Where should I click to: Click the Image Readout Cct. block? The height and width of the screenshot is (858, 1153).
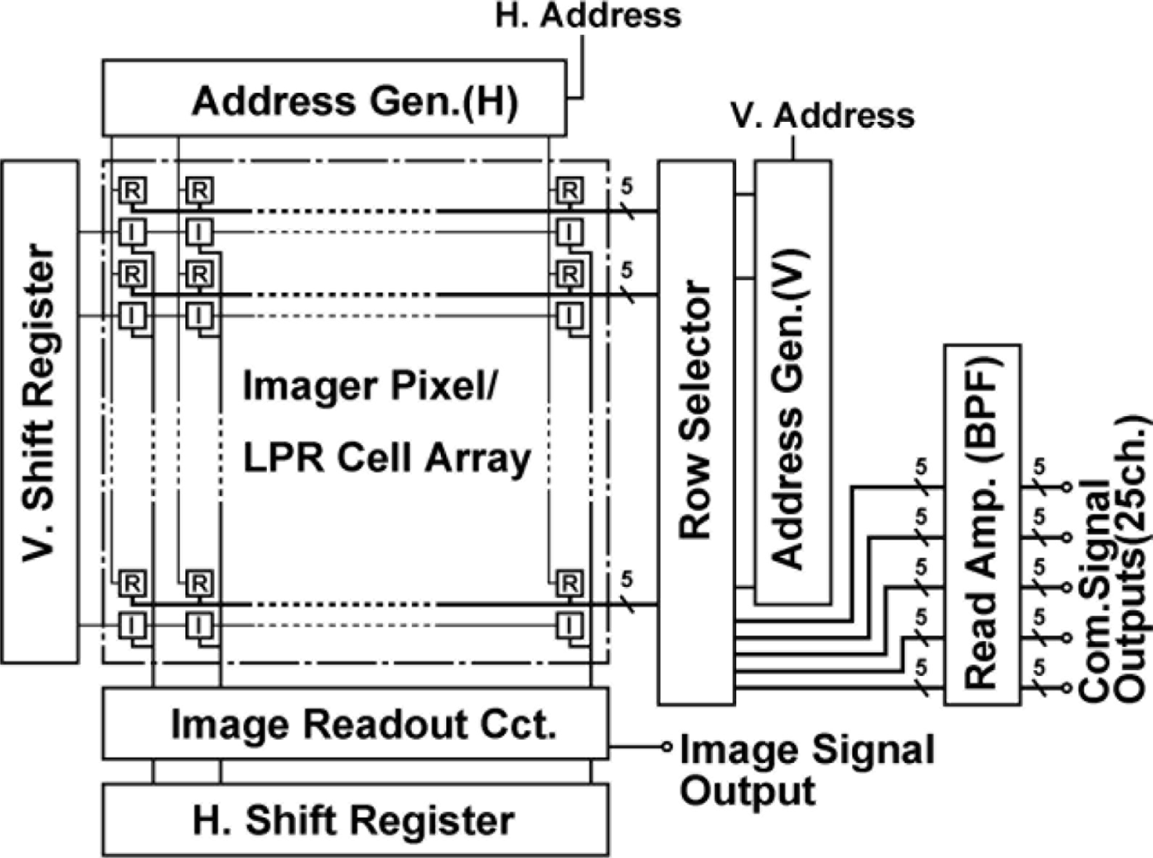pos(355,723)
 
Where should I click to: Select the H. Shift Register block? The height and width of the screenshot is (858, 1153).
pos(355,820)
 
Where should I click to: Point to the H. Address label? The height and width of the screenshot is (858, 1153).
pos(589,15)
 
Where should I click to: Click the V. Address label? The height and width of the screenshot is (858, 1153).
pos(823,116)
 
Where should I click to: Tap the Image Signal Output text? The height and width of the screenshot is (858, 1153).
pos(806,770)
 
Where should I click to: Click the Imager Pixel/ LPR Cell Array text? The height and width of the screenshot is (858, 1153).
pos(386,422)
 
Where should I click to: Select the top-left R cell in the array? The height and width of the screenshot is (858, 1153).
pos(131,190)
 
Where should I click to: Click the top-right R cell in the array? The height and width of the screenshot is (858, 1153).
pos(569,190)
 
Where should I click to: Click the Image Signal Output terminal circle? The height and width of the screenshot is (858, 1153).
pos(667,746)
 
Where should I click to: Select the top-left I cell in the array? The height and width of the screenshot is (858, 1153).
pos(131,232)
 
